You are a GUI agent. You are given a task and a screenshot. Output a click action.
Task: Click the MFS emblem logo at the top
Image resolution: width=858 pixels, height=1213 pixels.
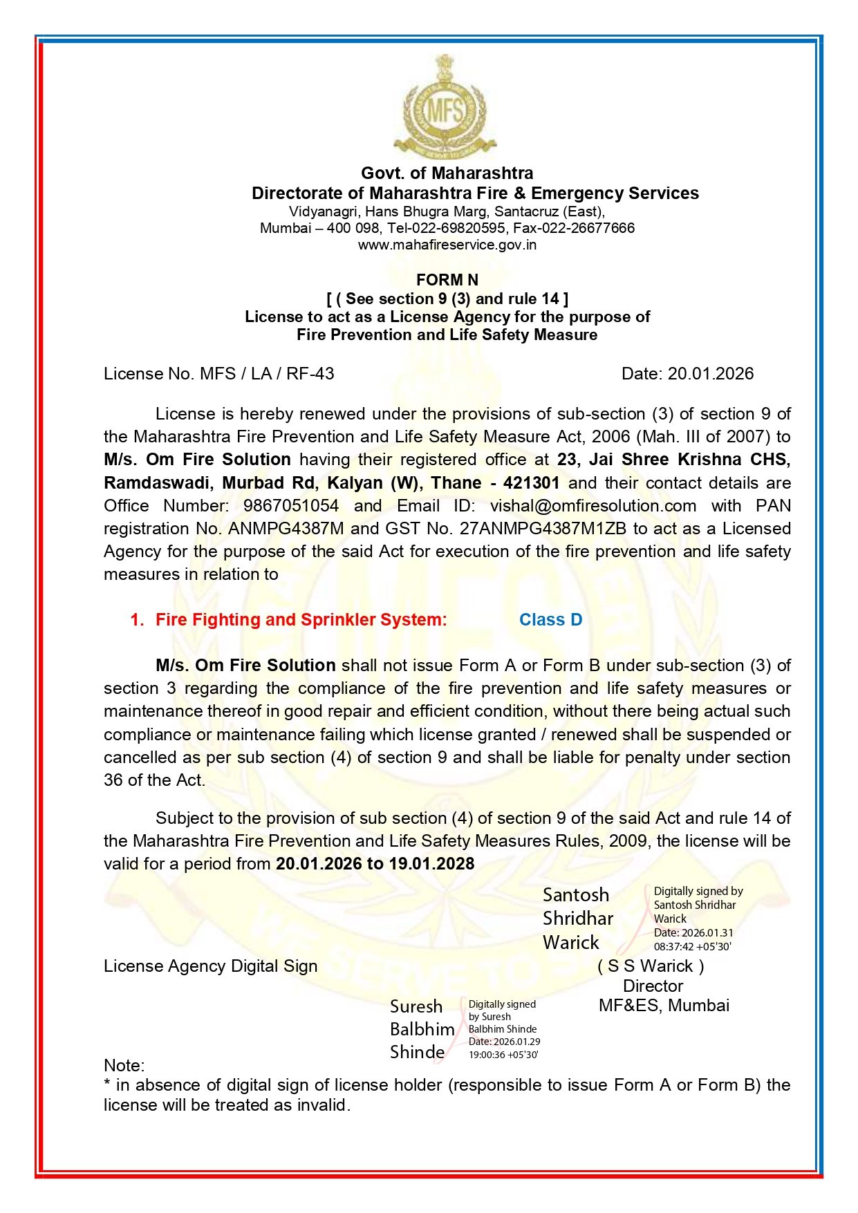click(x=445, y=108)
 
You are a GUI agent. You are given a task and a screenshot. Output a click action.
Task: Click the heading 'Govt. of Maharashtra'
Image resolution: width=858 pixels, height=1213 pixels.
click(x=447, y=173)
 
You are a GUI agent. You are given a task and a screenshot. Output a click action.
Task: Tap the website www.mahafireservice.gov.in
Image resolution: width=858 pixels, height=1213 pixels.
click(x=447, y=245)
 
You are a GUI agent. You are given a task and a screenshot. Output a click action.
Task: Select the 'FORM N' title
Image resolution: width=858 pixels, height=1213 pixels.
click(x=447, y=280)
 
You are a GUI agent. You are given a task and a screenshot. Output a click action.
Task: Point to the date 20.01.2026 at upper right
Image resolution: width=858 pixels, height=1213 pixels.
click(x=710, y=374)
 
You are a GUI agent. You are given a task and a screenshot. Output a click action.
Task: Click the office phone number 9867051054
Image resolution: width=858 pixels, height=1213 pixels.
click(x=290, y=506)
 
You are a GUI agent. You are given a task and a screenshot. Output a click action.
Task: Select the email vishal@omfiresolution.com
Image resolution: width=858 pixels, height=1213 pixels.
click(x=593, y=506)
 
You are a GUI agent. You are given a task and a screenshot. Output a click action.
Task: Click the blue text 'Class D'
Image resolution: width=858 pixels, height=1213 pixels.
click(x=550, y=620)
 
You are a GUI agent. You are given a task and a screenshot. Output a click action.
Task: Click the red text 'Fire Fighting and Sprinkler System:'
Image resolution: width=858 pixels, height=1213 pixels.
click(x=301, y=620)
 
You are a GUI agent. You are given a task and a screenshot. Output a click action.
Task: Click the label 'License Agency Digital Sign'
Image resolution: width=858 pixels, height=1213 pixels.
click(x=210, y=966)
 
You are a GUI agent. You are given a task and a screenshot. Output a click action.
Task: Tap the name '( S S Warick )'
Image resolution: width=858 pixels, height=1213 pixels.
click(x=651, y=966)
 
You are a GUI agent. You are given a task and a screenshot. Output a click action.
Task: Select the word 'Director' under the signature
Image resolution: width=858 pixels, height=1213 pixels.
click(x=653, y=986)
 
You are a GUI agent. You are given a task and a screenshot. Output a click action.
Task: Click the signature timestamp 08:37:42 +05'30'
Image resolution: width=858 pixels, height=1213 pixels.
click(x=692, y=947)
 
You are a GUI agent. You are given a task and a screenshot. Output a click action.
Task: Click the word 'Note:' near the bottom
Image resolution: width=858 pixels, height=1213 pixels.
click(x=124, y=1065)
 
